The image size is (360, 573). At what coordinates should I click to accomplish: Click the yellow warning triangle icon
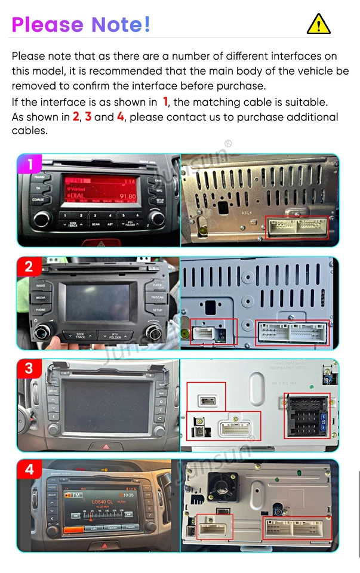point(318,24)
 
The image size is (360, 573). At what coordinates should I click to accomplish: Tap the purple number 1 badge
point(29,164)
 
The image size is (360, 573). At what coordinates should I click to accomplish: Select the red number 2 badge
point(29,267)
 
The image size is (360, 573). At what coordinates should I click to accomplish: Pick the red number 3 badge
point(29,368)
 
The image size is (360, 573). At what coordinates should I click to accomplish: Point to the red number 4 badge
point(29,470)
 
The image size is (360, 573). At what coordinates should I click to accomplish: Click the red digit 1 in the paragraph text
point(165,102)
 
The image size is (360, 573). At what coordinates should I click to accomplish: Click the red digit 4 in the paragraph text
point(120,117)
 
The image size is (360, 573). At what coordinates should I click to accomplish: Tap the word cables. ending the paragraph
point(29,131)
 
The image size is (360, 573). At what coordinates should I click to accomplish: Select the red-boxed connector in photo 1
point(297,227)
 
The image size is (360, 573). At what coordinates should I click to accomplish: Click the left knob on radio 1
point(41,218)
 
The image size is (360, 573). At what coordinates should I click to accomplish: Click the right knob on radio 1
point(157,218)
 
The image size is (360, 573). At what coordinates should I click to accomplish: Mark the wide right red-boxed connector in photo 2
point(293,333)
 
